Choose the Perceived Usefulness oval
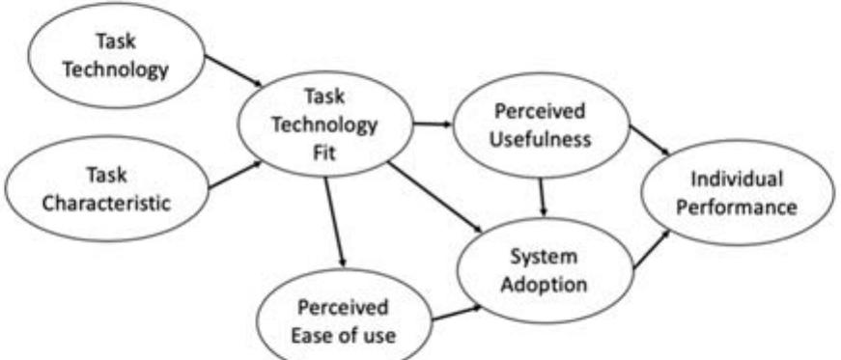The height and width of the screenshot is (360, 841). [539, 125]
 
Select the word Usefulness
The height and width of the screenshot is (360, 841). [539, 137]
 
